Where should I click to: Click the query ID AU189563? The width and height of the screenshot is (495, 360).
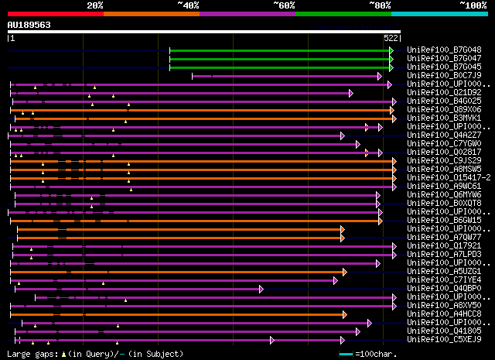(29, 25)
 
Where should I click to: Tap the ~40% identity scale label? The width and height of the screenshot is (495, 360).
(188, 5)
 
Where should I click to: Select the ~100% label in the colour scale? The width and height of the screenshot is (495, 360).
(473, 5)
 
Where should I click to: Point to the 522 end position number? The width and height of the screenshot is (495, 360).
(391, 37)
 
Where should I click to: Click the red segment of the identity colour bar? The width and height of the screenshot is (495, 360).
(55, 13)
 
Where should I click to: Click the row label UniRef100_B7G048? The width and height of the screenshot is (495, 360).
(444, 50)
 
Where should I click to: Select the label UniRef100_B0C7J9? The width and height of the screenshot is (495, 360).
(444, 75)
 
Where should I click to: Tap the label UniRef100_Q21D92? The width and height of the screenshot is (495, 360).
(444, 92)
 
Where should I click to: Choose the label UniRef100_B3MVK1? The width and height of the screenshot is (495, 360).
(444, 118)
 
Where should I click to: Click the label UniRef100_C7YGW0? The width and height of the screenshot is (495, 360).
(444, 143)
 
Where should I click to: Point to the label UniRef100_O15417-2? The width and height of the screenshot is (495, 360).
(444, 177)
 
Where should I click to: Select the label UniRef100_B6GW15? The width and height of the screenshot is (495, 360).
(444, 220)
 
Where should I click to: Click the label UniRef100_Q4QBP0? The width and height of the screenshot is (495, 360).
(444, 288)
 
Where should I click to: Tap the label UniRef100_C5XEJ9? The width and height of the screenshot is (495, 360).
(444, 339)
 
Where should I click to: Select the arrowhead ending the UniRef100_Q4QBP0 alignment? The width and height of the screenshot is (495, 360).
(261, 289)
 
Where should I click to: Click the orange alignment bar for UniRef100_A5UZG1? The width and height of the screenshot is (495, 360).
(178, 272)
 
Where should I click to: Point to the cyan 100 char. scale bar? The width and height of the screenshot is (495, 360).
(346, 354)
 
